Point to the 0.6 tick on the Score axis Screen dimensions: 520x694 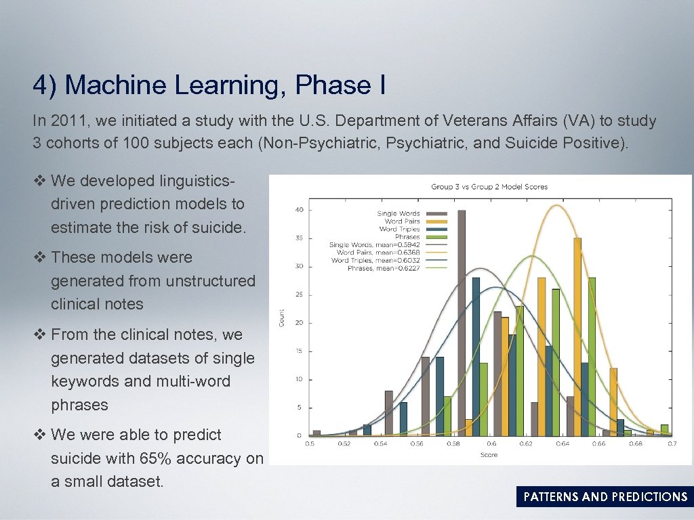coord(491,444)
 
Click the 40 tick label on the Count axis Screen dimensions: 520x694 coord(299,210)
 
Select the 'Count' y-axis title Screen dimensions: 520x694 coord(282,318)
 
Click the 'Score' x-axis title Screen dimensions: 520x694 coord(489,455)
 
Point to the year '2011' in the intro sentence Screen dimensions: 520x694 coord(69,121)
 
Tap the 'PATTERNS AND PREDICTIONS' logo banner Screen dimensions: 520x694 coord(605,497)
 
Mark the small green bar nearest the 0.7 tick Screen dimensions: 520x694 coord(665,429)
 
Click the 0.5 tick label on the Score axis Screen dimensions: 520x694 coord(310,444)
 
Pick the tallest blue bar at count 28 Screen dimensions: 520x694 coord(476,355)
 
